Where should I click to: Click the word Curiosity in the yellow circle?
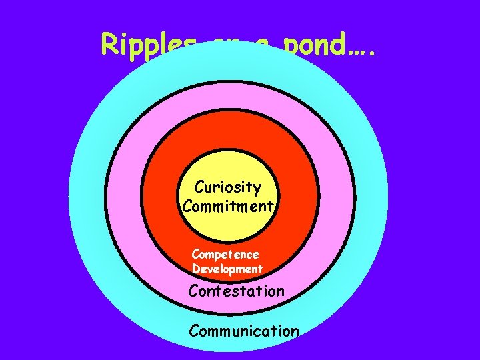coord(227,187)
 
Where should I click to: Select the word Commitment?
coord(227,206)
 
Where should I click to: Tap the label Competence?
coord(225,254)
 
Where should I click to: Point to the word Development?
coord(227,269)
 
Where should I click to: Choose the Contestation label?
coord(236,291)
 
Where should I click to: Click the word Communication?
coord(244,330)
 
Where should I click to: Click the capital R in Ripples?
coord(109,44)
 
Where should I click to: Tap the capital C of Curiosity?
coord(199,187)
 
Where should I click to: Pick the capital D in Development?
coord(196,269)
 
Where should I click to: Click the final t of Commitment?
coord(271,206)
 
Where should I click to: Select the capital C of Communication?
coord(194,330)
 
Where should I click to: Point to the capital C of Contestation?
coord(193,291)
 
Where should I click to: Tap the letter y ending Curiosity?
coord(257,189)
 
